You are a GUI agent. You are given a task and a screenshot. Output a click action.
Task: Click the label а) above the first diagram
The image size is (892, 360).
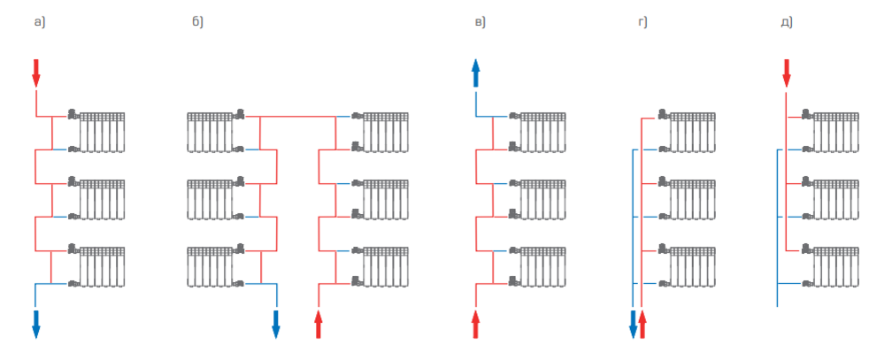click(38, 21)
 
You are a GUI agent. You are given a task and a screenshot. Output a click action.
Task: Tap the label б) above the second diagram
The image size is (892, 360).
click(197, 21)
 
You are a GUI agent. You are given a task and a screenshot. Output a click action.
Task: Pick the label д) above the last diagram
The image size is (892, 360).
click(786, 21)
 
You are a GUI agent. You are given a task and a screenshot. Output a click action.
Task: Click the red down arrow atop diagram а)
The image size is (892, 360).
click(36, 73)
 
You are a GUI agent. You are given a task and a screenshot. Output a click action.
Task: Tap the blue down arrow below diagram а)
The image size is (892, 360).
click(36, 324)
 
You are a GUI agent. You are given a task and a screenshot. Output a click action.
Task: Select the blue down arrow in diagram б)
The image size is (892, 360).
click(275, 324)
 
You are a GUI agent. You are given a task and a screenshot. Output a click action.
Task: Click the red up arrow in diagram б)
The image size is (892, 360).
click(319, 324)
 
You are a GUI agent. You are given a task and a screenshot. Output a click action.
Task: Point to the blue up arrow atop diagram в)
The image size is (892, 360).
click(475, 73)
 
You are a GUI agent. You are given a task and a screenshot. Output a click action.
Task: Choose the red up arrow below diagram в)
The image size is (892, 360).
click(475, 324)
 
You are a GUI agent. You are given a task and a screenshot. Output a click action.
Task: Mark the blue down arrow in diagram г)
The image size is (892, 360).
click(633, 324)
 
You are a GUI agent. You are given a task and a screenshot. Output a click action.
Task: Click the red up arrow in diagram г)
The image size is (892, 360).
click(643, 324)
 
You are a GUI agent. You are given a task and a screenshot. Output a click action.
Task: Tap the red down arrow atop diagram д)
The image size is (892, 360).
click(786, 73)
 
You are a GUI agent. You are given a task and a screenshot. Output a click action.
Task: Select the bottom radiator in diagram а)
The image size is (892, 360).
click(102, 266)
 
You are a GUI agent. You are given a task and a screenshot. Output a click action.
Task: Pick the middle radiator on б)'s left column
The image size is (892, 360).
click(210, 199)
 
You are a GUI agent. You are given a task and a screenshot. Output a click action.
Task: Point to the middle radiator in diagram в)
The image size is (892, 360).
click(542, 199)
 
